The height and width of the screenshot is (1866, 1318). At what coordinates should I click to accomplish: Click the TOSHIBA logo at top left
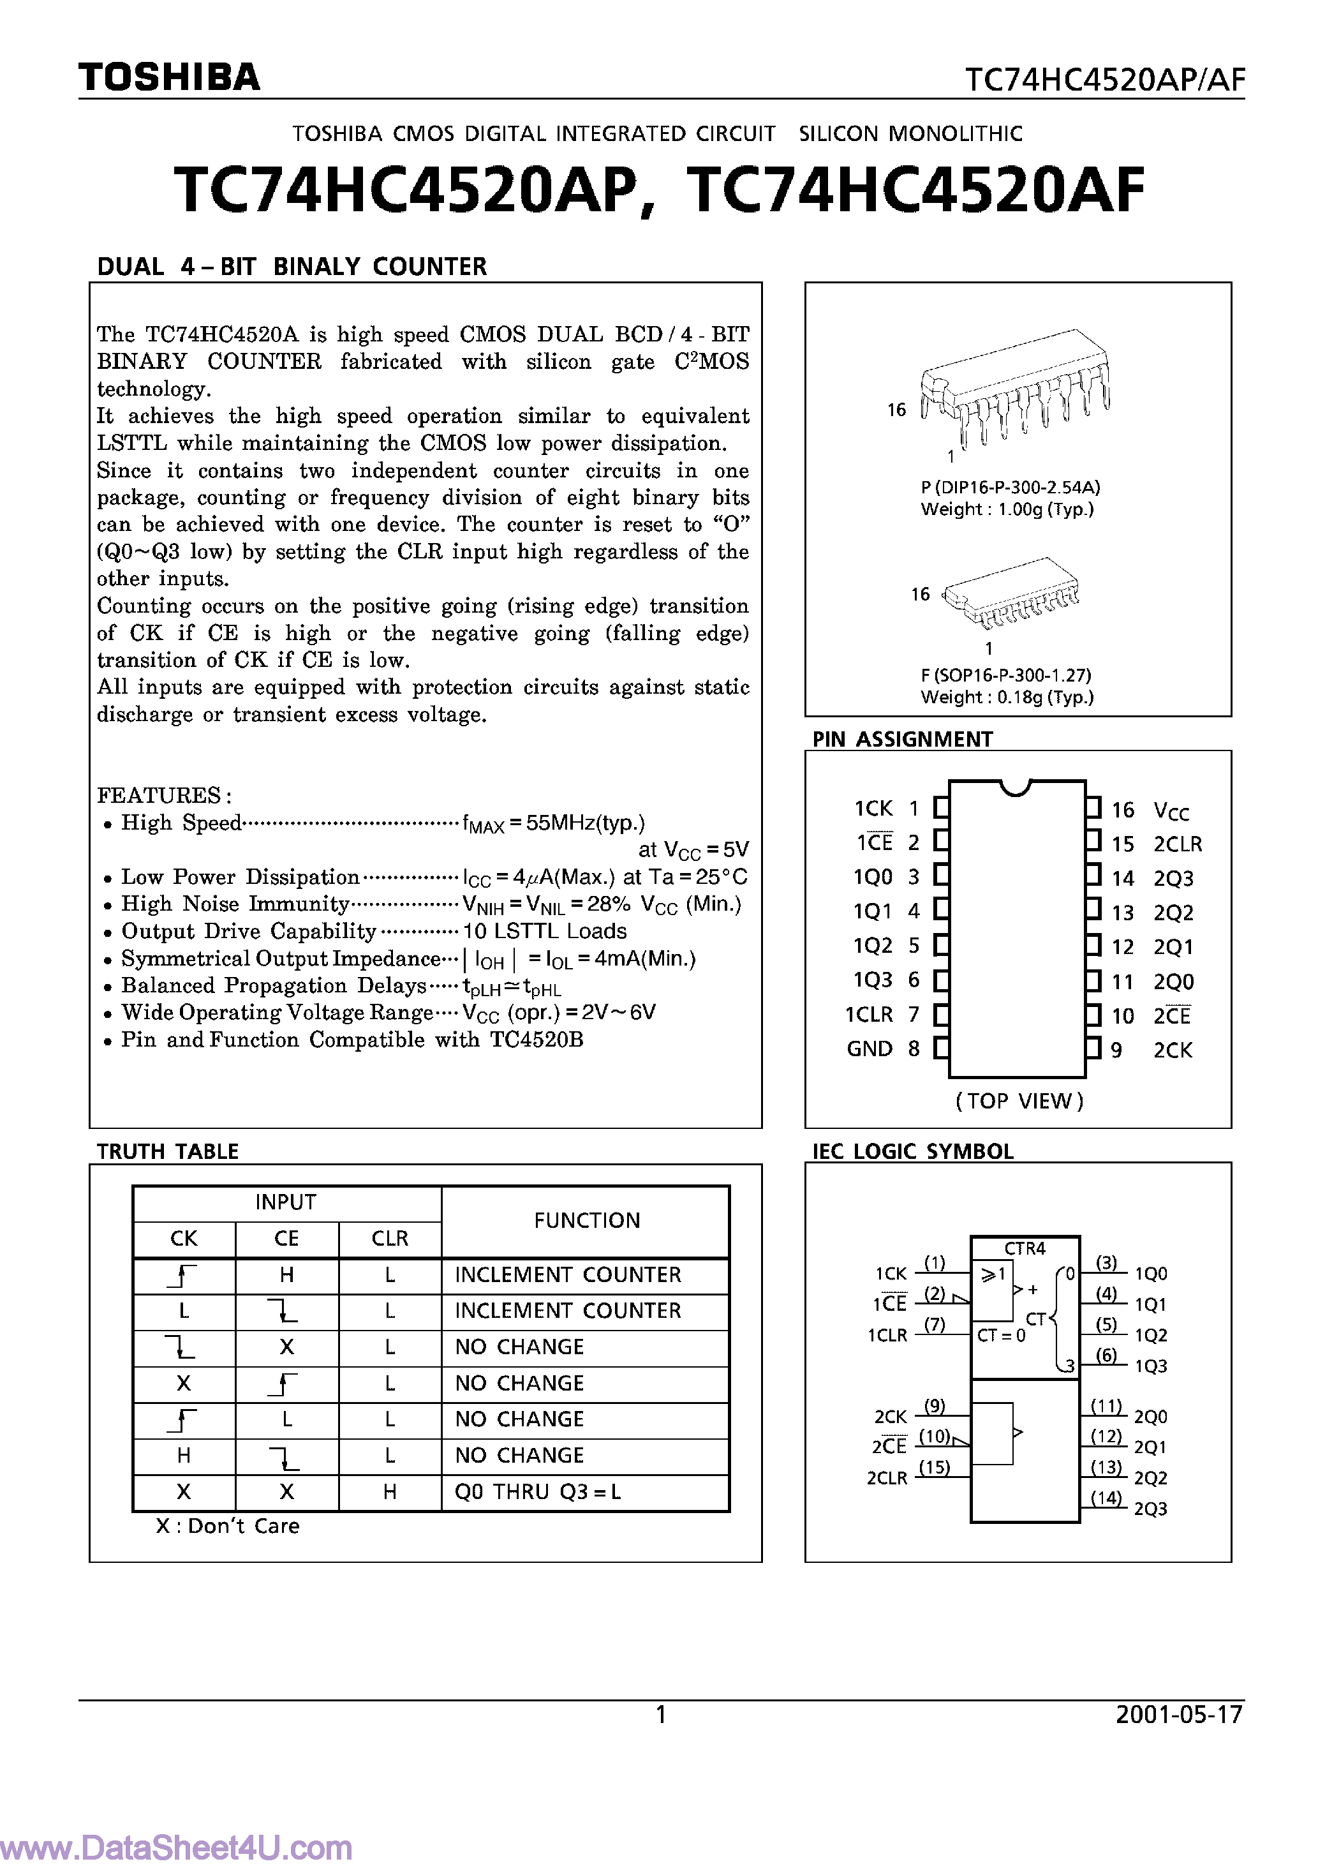tap(169, 77)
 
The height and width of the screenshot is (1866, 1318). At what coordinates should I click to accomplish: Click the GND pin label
tap(870, 1049)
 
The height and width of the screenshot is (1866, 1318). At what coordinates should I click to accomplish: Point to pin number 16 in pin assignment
tap(1122, 809)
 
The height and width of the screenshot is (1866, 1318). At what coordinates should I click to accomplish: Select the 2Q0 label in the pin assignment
tap(1173, 982)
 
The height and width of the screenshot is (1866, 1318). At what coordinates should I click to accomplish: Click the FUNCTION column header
tap(587, 1220)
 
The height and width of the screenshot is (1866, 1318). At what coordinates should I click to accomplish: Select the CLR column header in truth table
tap(389, 1239)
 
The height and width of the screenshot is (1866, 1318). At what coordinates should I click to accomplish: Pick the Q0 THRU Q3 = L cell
tap(537, 1492)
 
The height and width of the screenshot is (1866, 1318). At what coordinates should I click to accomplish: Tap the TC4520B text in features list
tap(537, 1040)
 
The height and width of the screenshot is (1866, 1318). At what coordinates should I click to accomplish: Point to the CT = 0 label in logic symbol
tap(1000, 1335)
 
